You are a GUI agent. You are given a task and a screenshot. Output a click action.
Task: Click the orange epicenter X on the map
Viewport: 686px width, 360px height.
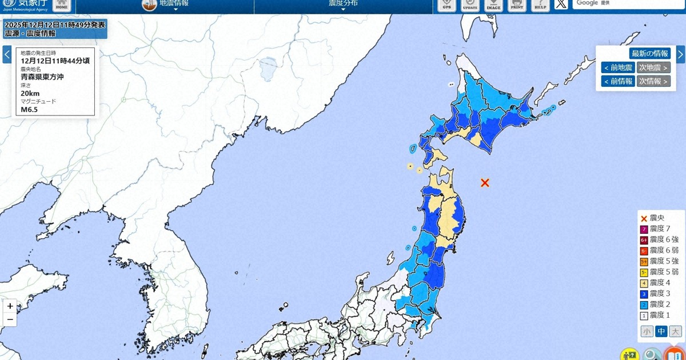point(485,183)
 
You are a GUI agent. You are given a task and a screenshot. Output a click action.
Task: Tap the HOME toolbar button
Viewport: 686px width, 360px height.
point(62,6)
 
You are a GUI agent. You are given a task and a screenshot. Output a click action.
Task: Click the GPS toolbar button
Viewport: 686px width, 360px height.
point(447,5)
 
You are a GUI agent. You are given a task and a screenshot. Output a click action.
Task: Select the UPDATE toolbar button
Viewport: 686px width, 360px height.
point(470,5)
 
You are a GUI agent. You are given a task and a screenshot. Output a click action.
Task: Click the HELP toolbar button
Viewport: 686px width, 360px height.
point(540,5)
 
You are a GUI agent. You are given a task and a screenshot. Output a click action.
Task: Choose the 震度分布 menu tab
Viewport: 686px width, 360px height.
point(343,4)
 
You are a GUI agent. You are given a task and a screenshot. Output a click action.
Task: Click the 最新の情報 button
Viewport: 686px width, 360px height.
point(649,54)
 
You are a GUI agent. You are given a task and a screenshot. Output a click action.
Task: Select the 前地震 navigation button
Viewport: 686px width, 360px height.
point(617,67)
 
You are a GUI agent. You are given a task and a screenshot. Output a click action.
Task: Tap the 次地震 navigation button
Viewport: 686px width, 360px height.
point(653,67)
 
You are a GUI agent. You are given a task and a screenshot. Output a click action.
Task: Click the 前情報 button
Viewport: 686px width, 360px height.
point(617,81)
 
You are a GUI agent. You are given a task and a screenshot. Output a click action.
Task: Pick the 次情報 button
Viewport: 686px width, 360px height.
point(653,81)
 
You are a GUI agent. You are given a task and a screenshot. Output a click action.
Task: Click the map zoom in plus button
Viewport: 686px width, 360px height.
point(10,306)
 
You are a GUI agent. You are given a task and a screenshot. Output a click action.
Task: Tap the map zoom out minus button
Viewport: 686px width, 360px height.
point(10,320)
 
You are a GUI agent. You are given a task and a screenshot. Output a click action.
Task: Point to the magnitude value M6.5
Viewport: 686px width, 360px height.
point(29,110)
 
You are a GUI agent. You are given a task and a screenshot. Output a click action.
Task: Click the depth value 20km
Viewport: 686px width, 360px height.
point(30,93)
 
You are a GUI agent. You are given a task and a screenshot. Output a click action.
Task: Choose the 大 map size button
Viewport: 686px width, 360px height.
point(676,331)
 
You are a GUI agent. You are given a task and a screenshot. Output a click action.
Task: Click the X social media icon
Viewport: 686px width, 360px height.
point(561,5)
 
